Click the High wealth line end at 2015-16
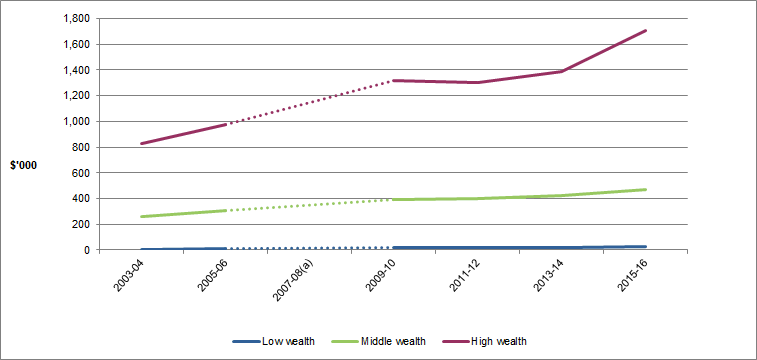point(646,30)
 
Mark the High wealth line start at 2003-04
point(142,143)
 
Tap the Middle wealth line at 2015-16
point(646,189)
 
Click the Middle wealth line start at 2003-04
point(142,216)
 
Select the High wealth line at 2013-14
point(562,71)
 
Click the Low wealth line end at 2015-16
point(646,246)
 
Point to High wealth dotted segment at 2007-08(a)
point(310,102)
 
